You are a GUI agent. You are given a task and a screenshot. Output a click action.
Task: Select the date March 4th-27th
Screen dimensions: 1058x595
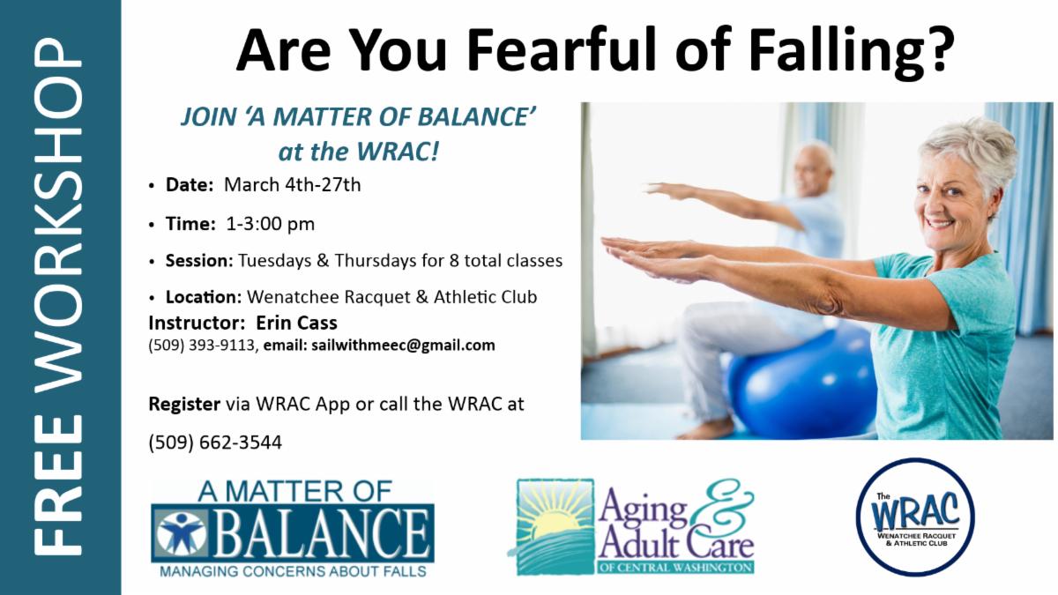(x=293, y=184)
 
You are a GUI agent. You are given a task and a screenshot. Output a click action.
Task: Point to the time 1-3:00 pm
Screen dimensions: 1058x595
(x=270, y=223)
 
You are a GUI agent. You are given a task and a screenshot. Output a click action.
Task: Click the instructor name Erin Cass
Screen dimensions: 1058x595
(x=296, y=323)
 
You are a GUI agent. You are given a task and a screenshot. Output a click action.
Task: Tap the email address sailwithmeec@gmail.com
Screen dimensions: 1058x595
(x=404, y=346)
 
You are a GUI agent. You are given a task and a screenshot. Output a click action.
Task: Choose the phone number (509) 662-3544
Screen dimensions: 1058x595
(x=215, y=443)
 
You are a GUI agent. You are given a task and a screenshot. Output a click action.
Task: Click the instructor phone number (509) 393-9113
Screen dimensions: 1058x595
(x=202, y=346)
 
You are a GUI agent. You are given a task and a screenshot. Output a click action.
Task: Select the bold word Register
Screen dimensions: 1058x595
(x=184, y=405)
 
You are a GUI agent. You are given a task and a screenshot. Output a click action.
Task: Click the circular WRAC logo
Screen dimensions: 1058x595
(x=915, y=517)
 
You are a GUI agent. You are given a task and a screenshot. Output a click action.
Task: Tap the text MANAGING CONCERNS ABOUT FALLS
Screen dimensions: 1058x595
(x=293, y=571)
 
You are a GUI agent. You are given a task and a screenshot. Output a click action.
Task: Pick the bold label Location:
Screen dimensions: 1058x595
(x=204, y=297)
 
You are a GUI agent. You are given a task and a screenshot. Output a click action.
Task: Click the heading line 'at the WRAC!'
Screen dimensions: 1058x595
(x=359, y=152)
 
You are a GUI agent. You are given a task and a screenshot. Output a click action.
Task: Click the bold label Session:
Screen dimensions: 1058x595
(x=199, y=260)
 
